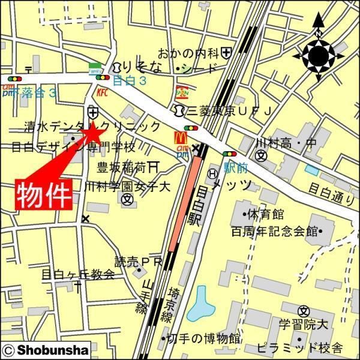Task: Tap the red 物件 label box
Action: [x=43, y=193]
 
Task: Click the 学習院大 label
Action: [x=304, y=325]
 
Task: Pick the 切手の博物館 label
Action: [x=204, y=338]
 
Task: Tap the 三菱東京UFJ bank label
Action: [x=230, y=110]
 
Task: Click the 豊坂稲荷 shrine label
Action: [x=123, y=167]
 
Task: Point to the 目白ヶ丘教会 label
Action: [x=77, y=275]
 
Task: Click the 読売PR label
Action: [x=139, y=262]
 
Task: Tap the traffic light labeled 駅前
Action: [x=229, y=155]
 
